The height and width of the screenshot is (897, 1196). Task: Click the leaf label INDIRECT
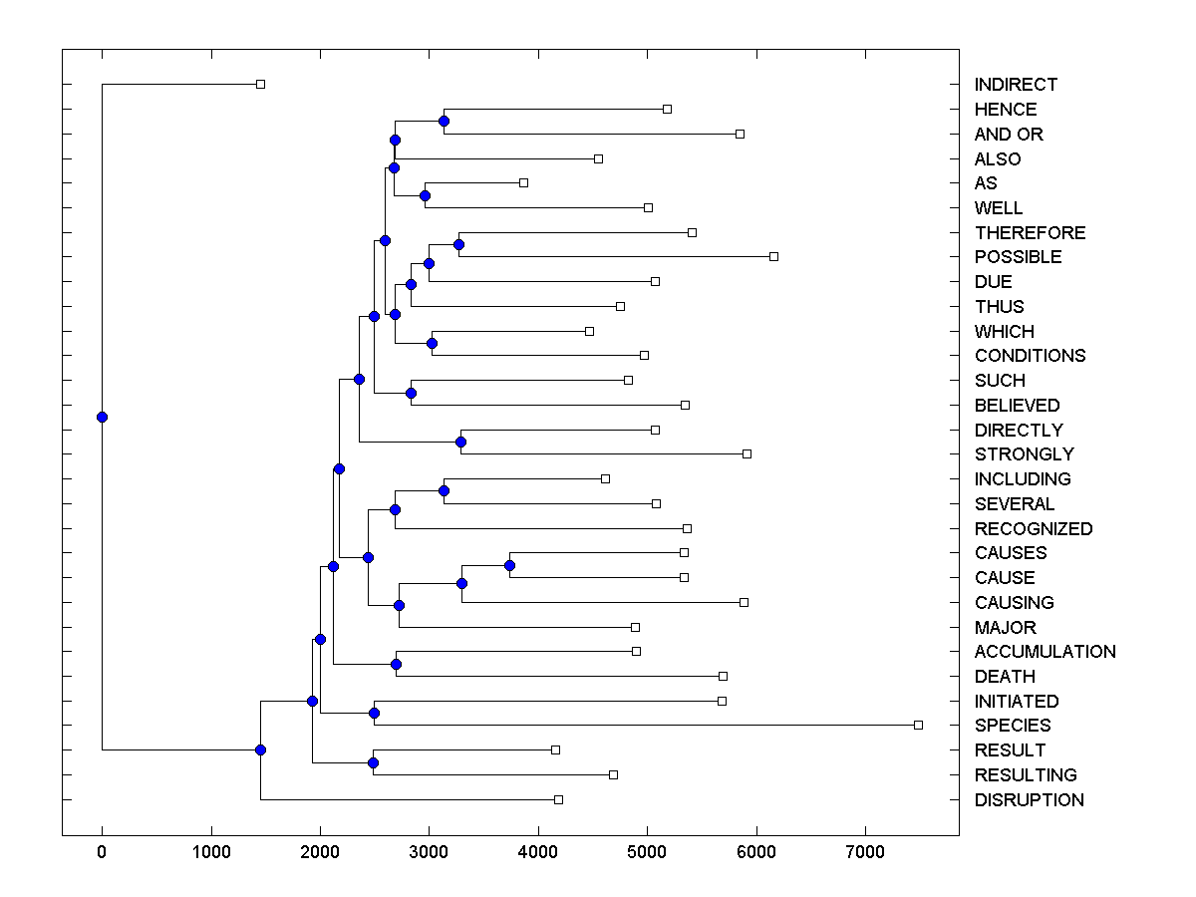[x=1016, y=85]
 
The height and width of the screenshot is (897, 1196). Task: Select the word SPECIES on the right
[x=1013, y=726]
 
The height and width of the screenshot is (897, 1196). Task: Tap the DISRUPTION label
[x=1029, y=799]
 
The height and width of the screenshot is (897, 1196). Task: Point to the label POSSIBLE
[x=1018, y=257]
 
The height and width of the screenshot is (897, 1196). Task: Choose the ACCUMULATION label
[x=1045, y=652]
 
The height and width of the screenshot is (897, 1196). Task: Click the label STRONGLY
[x=1025, y=454]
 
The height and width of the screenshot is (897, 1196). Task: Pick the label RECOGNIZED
[x=1034, y=528]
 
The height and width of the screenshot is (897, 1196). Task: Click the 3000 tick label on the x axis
[x=429, y=853]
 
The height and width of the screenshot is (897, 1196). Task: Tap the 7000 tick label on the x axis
[x=865, y=853]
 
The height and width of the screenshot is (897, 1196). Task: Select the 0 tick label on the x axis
[x=102, y=853]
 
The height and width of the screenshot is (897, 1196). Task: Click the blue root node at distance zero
[x=102, y=417]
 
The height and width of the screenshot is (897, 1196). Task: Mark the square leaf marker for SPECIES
[x=918, y=725]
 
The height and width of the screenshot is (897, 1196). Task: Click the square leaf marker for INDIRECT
[x=260, y=84]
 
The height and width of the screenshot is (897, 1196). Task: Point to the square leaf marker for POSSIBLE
[x=773, y=256]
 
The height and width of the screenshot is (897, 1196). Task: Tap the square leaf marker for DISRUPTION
[x=558, y=799]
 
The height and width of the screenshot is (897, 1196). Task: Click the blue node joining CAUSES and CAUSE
[x=509, y=565]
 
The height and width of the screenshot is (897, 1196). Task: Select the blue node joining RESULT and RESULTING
[x=373, y=762]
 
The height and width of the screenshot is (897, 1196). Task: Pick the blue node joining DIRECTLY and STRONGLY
[x=460, y=442]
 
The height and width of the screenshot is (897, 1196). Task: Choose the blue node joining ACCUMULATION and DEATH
[x=396, y=664]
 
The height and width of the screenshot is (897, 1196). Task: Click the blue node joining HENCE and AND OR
[x=444, y=121]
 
